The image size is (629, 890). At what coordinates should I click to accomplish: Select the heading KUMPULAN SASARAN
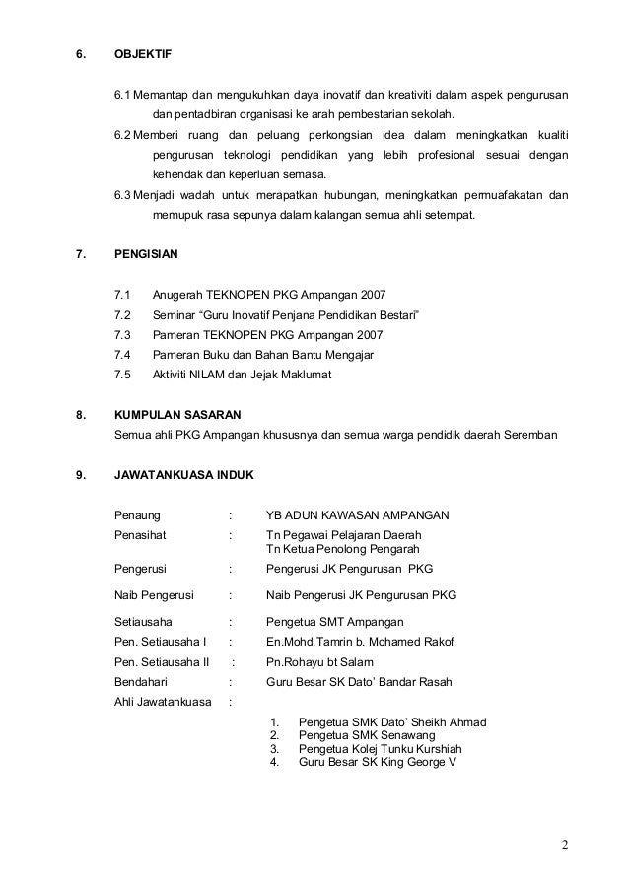click(x=178, y=415)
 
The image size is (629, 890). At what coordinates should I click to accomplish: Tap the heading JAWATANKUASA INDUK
click(x=184, y=475)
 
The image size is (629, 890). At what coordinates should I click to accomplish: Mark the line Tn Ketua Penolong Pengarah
click(x=343, y=548)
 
